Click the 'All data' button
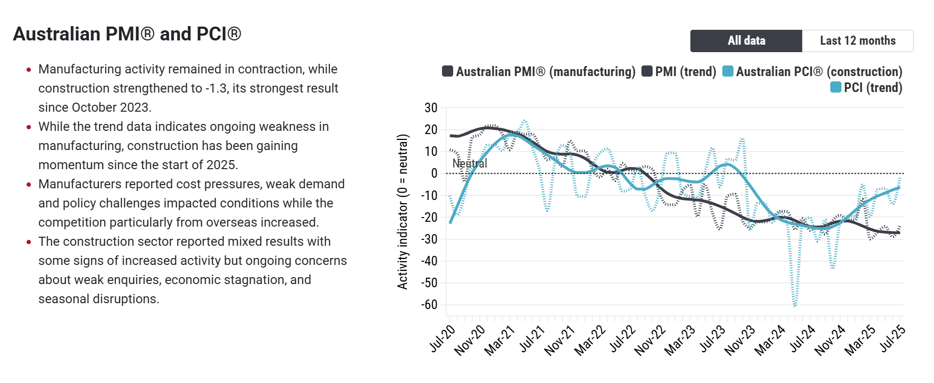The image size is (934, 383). click(x=746, y=41)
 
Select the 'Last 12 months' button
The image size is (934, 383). click(x=857, y=41)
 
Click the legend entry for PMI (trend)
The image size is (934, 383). click(x=679, y=72)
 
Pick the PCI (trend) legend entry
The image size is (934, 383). click(x=866, y=88)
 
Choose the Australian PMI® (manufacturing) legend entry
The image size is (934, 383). click(x=539, y=72)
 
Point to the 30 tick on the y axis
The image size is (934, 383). click(x=431, y=108)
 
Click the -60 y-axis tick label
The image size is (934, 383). click(x=429, y=305)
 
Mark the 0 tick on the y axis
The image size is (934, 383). click(x=434, y=173)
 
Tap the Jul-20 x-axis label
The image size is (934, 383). click(x=443, y=339)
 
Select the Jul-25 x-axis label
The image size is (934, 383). click(x=893, y=339)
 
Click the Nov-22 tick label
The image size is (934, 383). click(x=651, y=340)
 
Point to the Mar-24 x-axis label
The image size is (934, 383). click(x=770, y=340)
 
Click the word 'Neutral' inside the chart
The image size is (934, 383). click(x=470, y=164)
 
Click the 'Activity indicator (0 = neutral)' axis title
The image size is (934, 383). click(x=403, y=212)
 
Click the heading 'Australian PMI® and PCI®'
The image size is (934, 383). click(x=127, y=34)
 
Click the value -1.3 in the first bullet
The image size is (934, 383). click(x=218, y=88)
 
